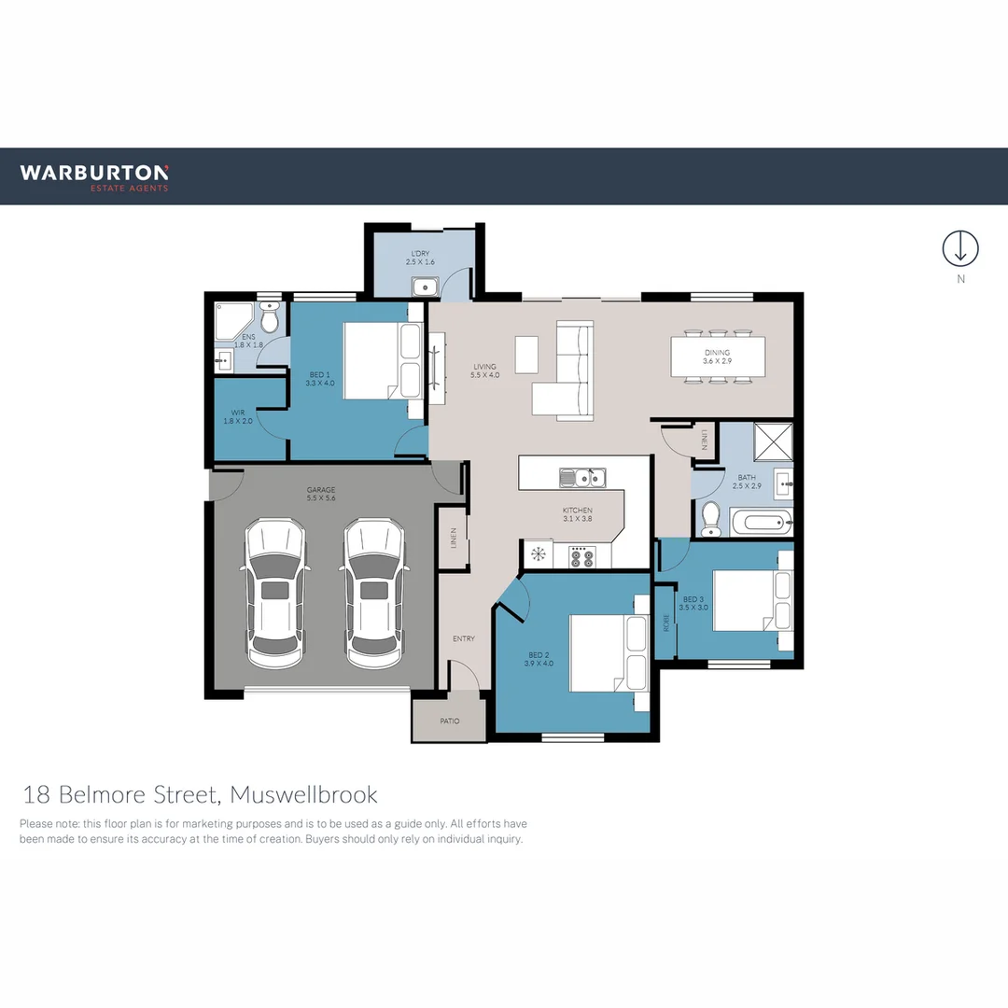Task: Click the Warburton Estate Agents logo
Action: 94,176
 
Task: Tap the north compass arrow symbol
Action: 960,248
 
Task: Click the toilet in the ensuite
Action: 270,320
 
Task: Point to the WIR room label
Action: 238,416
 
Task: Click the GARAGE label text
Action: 321,494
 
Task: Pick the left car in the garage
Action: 274,593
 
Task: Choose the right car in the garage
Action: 373,593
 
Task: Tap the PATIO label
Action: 449,721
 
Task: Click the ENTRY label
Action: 464,639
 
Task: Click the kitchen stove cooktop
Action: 581,557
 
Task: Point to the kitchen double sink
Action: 582,479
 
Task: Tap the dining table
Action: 718,357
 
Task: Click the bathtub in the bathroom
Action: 761,522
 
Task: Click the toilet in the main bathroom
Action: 711,519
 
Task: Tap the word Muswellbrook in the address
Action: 303,795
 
